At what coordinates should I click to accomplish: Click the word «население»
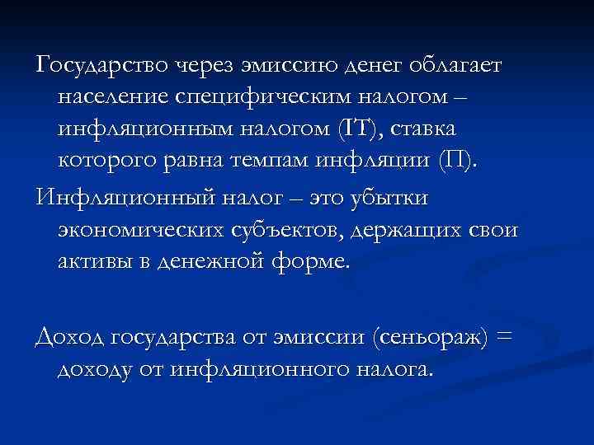[111, 98]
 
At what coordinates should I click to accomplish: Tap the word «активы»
[92, 263]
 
